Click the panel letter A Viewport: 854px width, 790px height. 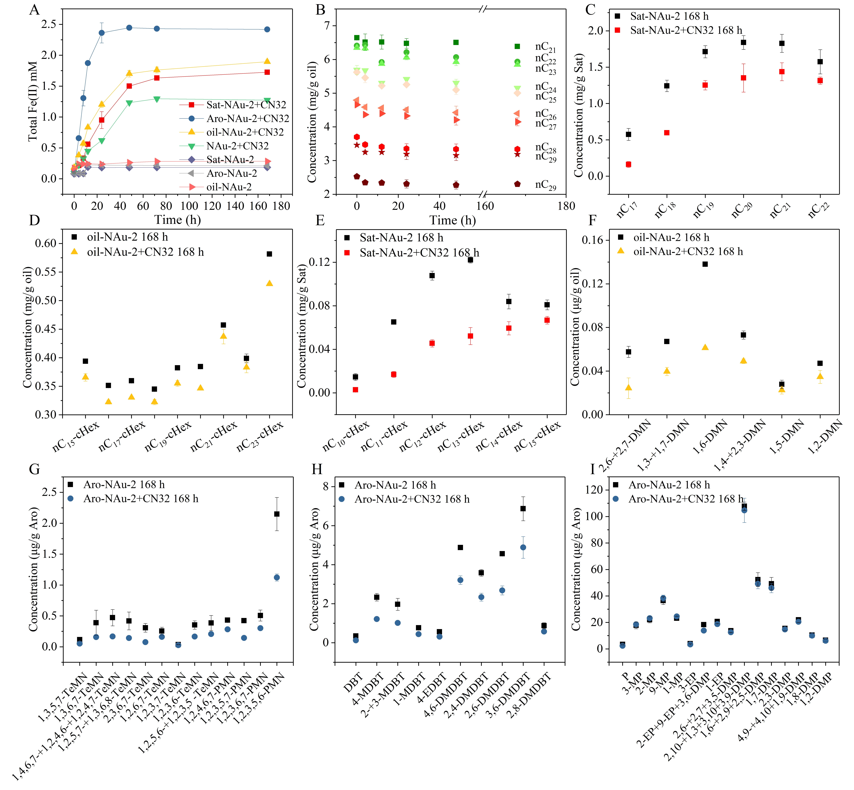point(34,9)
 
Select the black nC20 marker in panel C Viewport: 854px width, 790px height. point(743,42)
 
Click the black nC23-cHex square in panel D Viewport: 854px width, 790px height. point(269,254)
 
